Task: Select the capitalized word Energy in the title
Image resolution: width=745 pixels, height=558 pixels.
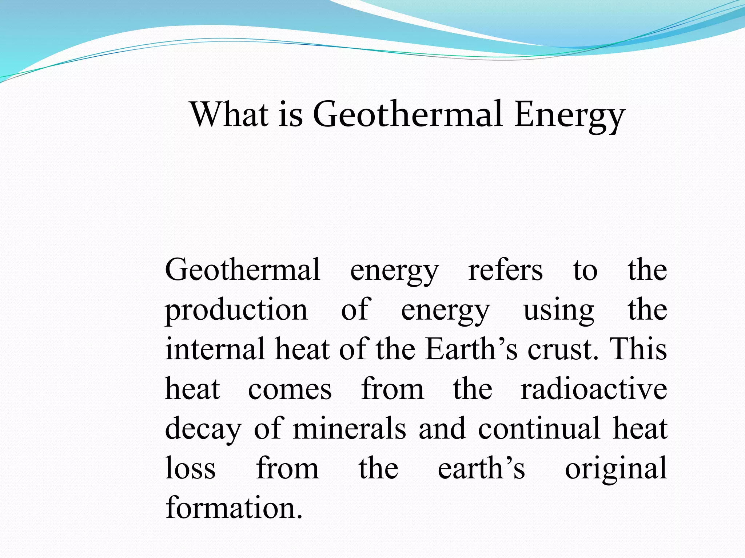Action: [x=570, y=116]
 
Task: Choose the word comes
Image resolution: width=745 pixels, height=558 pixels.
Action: [x=290, y=389]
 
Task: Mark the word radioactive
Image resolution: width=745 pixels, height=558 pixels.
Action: [x=594, y=389]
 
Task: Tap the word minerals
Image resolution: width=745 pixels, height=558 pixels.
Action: [x=349, y=428]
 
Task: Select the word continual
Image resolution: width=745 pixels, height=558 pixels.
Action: [x=539, y=428]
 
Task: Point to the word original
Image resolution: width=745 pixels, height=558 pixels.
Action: [x=616, y=469]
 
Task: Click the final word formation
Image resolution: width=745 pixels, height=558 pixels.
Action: [x=234, y=508]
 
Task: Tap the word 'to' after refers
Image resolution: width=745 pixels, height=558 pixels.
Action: [x=585, y=270]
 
